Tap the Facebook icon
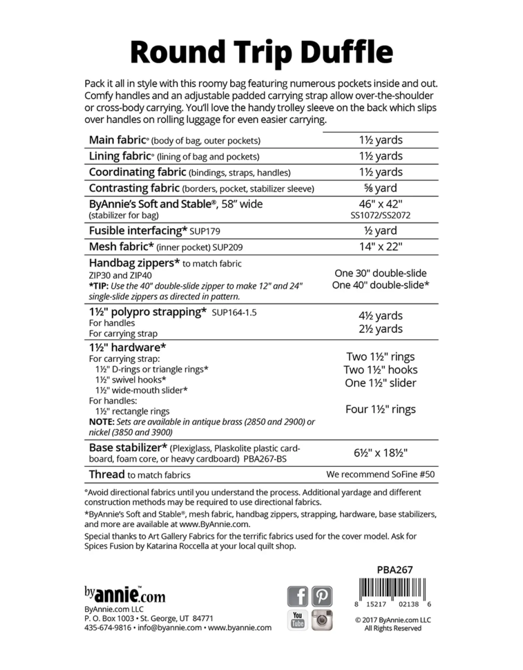tap(297, 596)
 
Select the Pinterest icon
tap(322, 596)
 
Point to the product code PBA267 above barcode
tap(395, 570)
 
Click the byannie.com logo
tap(125, 596)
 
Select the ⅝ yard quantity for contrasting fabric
tap(380, 188)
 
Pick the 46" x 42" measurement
tap(380, 204)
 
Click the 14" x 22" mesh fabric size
tap(380, 247)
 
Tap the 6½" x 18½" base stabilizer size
tap(380, 453)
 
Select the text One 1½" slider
tap(380, 383)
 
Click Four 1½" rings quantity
tap(380, 409)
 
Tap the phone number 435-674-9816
tap(108, 628)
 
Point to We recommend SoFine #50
tap(380, 474)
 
